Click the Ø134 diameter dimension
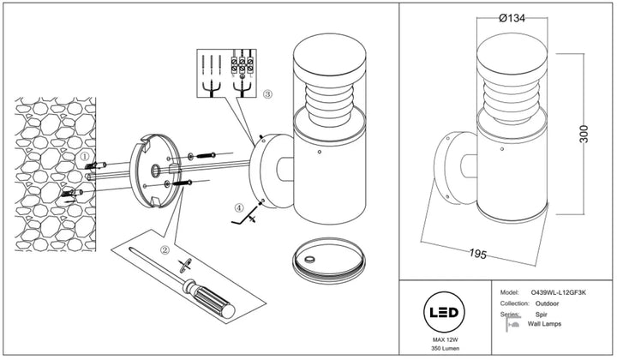coord(512,18)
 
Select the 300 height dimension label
coord(584,134)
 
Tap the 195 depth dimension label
coord(478,254)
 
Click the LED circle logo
coord(444,312)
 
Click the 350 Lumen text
coord(445,348)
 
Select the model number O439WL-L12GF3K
coord(559,292)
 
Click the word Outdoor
coord(547,303)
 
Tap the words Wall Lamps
coord(544,324)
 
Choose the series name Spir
coord(541,315)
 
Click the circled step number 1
coord(85,156)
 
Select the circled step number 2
coord(165,249)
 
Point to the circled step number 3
coord(267,94)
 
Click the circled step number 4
coord(239,207)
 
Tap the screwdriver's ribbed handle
coord(212,300)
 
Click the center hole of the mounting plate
coord(155,171)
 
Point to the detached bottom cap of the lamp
coord(329,261)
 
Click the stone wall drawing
coord(55,174)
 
